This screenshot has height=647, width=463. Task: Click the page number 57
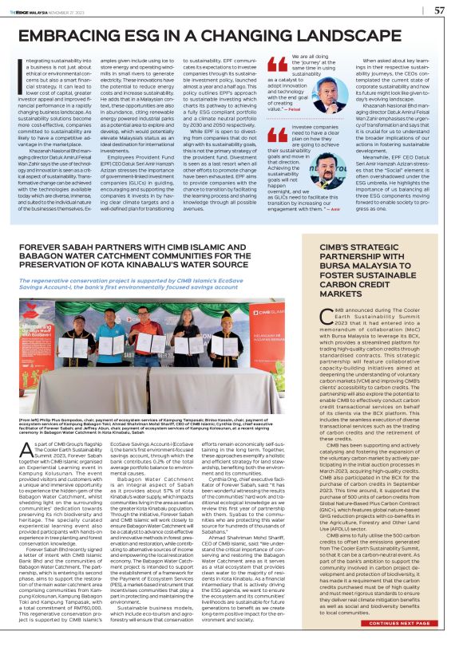[x=438, y=10]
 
